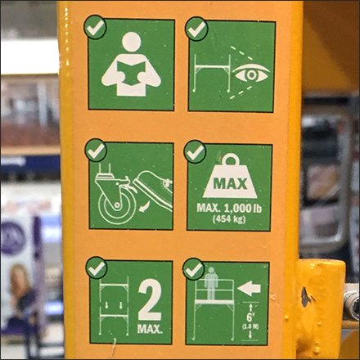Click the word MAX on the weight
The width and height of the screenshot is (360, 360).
click(229, 178)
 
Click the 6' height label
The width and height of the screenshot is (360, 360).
click(248, 312)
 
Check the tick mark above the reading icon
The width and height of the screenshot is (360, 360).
click(95, 27)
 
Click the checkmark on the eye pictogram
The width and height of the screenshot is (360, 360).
click(196, 29)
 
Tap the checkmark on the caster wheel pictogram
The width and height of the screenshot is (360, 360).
click(96, 150)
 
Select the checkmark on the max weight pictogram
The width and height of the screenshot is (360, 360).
click(195, 151)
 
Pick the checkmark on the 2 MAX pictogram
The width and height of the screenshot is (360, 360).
click(97, 268)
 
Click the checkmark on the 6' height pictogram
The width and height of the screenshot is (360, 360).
click(194, 269)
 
